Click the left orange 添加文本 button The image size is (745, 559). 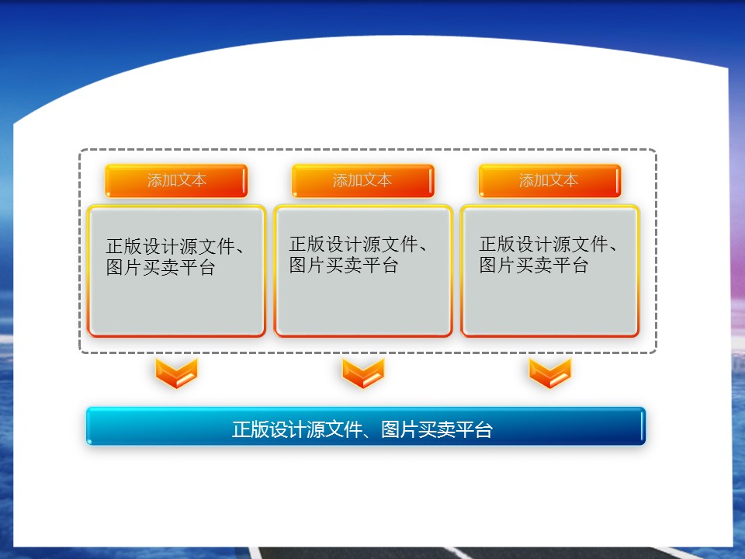point(176,181)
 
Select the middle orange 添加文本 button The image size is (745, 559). point(363,181)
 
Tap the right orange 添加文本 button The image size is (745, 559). point(549,181)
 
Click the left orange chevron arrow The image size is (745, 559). point(176,373)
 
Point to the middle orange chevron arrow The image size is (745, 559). point(363,373)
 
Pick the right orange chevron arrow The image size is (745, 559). point(549,373)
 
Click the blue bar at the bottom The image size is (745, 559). point(366,426)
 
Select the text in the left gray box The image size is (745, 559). point(175,257)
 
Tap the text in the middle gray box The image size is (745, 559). point(358,255)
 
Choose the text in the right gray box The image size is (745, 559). point(548,255)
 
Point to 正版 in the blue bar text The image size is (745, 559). point(251,429)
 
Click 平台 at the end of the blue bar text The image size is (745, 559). point(473,429)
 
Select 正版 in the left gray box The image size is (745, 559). point(124,246)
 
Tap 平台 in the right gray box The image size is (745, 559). point(570,266)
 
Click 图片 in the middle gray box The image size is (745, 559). point(307,266)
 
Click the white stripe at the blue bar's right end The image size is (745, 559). point(642,426)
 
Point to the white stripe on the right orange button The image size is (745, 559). point(618,181)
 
